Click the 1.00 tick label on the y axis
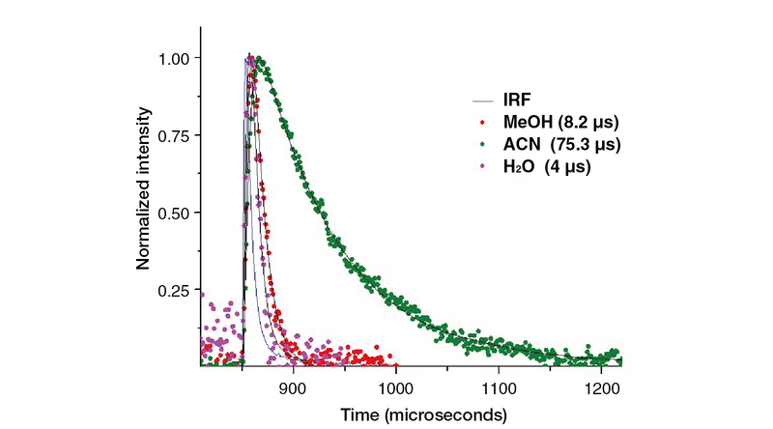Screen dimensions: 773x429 [173, 59]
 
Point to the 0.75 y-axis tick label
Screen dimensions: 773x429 [173, 136]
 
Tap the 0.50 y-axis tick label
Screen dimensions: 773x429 [173, 214]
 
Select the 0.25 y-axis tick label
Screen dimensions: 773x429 [173, 291]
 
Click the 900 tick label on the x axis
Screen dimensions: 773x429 [294, 388]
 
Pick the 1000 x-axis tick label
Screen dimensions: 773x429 [396, 388]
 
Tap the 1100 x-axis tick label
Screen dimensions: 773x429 [499, 388]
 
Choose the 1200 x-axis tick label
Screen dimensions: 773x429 [601, 388]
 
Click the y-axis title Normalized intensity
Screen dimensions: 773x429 [143, 188]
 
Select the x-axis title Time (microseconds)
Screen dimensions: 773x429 [423, 415]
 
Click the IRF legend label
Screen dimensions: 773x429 [517, 100]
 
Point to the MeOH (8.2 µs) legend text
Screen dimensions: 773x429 [561, 122]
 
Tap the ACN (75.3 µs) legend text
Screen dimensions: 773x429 [562, 145]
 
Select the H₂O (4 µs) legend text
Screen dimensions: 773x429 [547, 166]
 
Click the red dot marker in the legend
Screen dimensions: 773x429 [482, 122]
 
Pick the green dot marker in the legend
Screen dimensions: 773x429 [482, 144]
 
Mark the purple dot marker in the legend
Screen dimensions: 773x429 [482, 166]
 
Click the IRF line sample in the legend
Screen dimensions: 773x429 [482, 101]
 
